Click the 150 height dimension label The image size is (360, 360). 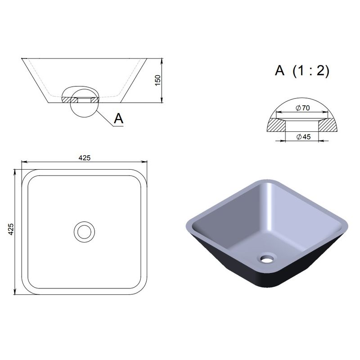click(x=158, y=81)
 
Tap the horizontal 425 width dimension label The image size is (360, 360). click(x=85, y=158)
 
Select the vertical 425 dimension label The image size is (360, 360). click(x=11, y=229)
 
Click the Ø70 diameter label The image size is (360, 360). click(x=303, y=108)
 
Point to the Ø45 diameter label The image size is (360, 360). click(x=303, y=137)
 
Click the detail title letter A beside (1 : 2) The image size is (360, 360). click(x=279, y=71)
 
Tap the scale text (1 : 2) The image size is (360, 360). click(x=311, y=71)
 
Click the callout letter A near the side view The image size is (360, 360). click(x=119, y=118)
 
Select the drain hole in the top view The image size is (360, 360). click(x=84, y=232)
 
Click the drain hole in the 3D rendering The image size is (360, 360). click(x=267, y=258)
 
